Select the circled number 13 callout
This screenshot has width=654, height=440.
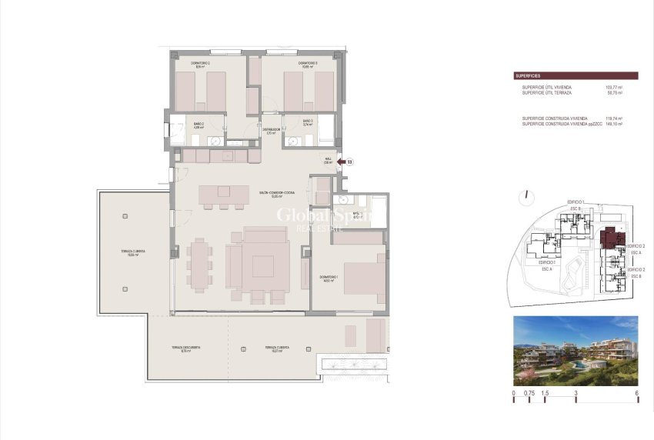(350, 162)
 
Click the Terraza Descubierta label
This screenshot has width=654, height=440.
(185, 348)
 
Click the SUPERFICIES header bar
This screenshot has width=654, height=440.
(576, 76)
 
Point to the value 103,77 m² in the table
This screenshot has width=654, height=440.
(614, 88)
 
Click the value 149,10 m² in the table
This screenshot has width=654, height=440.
(614, 123)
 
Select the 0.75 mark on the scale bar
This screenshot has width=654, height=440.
(529, 393)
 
